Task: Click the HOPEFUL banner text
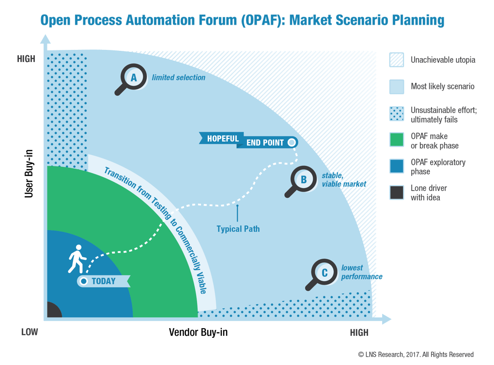(x=223, y=139)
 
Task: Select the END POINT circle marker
(x=291, y=143)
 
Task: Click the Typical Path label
(x=238, y=229)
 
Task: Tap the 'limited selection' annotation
(x=179, y=78)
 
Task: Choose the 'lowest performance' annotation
(x=361, y=272)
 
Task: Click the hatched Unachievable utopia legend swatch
(x=396, y=60)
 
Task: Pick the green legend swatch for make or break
(x=396, y=140)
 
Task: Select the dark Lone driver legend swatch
(x=396, y=192)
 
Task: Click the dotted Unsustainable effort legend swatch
(x=396, y=113)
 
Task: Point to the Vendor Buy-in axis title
(x=198, y=333)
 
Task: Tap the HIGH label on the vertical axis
(x=26, y=59)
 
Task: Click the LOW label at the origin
(x=29, y=333)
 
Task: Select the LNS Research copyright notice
(x=416, y=354)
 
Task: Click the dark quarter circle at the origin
(x=53, y=310)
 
